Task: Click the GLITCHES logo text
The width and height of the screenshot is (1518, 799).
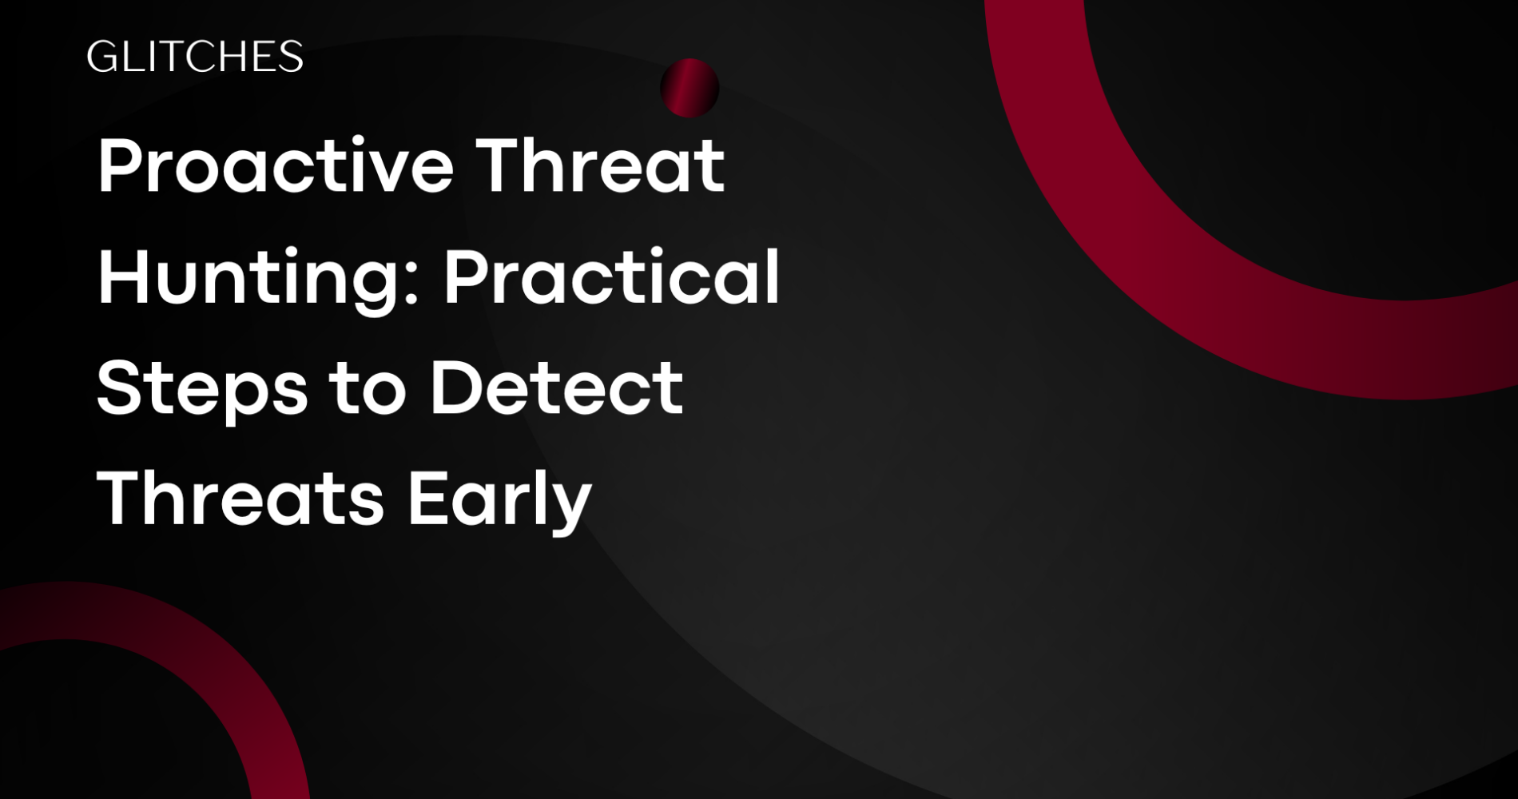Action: [x=194, y=57]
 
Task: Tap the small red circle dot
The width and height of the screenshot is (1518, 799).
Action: [x=689, y=88]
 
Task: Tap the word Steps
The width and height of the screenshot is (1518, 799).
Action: [x=201, y=389]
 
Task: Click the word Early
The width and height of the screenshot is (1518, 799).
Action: [x=499, y=500]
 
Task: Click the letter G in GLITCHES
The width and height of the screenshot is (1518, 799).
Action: [x=101, y=57]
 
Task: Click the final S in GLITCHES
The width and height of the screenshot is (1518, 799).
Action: [x=291, y=57]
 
